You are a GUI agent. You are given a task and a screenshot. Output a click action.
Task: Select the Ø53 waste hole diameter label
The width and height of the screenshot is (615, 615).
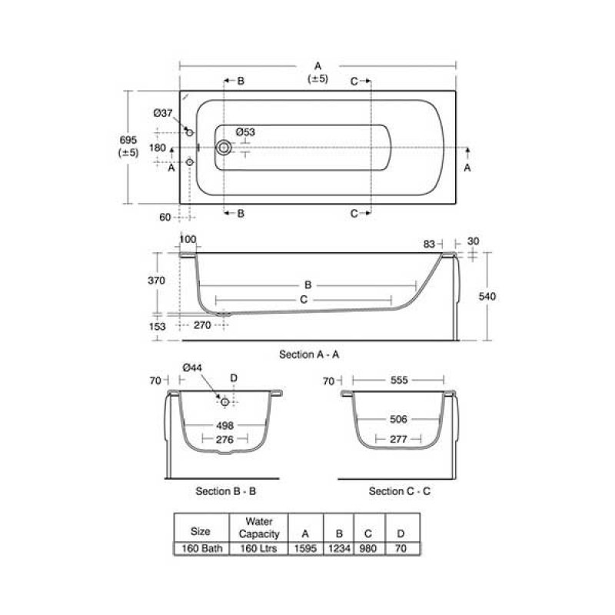tap(245, 132)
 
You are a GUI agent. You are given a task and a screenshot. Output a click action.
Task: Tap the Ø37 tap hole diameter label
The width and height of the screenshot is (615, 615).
tap(163, 113)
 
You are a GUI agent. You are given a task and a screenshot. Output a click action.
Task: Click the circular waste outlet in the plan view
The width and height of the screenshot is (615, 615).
tap(224, 148)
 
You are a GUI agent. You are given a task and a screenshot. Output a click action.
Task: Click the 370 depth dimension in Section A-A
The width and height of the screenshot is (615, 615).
tap(157, 281)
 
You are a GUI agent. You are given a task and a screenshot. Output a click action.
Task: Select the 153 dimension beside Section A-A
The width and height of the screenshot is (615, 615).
tap(157, 326)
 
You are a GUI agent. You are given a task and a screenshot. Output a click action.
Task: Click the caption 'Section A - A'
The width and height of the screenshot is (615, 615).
tap(309, 354)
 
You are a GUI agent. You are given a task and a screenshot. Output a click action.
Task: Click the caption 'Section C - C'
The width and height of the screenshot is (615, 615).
tap(399, 490)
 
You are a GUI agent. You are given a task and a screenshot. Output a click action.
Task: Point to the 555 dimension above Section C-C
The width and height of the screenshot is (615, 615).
tap(398, 380)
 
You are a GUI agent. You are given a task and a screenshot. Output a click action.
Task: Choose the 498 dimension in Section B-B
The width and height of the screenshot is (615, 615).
tap(224, 424)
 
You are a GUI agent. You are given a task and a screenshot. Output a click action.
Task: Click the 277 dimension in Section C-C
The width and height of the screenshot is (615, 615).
tap(398, 439)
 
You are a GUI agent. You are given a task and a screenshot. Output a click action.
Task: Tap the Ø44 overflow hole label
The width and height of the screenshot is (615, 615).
tap(191, 368)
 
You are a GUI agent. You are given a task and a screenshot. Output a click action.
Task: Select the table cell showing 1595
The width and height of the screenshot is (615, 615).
tap(306, 549)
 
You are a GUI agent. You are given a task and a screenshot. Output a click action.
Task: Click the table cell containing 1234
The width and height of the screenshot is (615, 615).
tap(337, 549)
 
